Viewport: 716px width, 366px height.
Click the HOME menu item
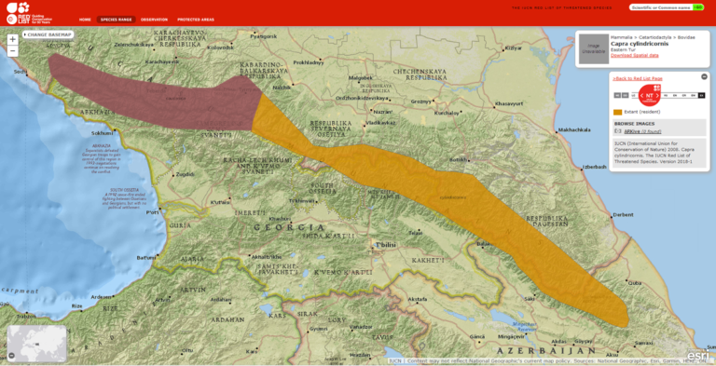85,19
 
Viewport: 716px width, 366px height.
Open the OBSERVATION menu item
154,19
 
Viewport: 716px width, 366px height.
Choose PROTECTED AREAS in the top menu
196,19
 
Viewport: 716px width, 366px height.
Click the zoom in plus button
12,39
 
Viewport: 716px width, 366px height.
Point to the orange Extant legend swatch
618,112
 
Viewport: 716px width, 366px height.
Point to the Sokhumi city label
103,132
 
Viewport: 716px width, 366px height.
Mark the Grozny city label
421,102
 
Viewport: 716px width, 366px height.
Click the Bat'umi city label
145,257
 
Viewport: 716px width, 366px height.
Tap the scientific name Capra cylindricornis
634,43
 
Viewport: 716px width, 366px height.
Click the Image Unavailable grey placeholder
594,49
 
